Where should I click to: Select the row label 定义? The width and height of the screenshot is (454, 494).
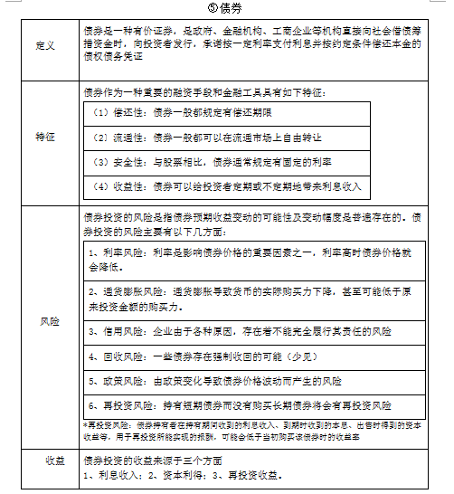44,45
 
